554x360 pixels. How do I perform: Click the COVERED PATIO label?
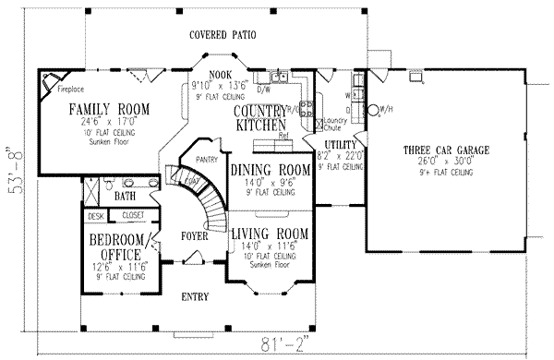223,36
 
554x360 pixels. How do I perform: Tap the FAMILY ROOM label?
108,109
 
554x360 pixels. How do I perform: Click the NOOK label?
220,76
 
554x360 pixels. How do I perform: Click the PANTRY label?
207,160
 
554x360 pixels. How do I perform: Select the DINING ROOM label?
268,170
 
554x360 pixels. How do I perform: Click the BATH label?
126,197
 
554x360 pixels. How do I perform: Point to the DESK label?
93,216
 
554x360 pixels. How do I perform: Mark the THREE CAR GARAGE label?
445,150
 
